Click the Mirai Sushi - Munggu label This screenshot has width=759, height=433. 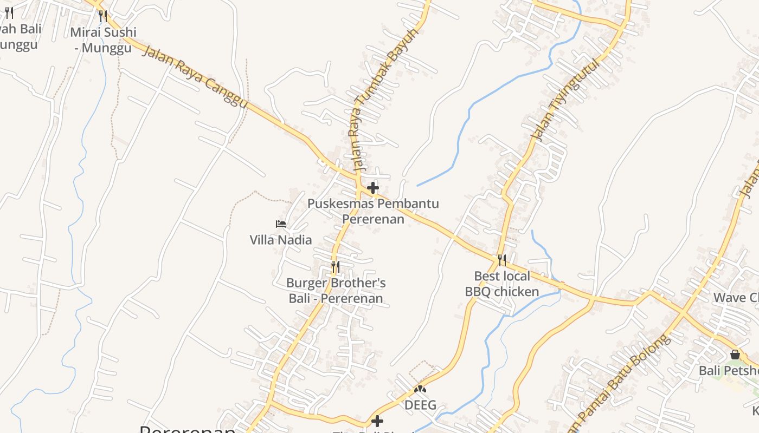103,40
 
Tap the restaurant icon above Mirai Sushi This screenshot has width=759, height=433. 103,16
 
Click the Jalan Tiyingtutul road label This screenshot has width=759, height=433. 567,100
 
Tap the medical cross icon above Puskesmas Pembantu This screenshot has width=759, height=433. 373,188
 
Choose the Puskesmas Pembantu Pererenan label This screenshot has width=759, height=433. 373,211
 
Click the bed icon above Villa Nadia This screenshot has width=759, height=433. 281,224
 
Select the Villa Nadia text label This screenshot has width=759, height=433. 281,240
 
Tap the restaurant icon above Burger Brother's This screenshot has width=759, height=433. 336,267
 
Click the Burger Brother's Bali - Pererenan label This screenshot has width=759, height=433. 336,291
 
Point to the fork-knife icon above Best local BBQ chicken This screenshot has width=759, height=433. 502,260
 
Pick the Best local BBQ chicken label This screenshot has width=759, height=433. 502,284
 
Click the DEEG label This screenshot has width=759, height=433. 420,405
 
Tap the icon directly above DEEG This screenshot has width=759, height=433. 420,389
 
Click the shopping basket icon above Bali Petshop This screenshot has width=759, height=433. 735,355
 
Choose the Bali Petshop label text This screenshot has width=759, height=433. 729,371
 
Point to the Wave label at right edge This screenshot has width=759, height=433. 736,298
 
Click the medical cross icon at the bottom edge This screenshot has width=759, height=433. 377,421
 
